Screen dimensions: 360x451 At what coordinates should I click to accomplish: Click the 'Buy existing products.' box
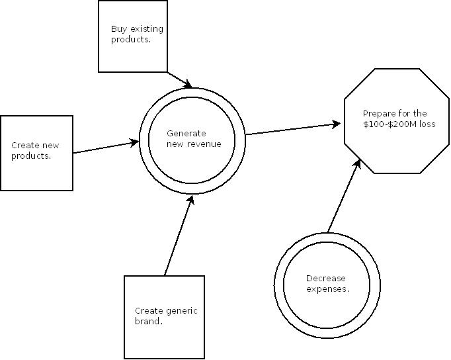[x=133, y=36]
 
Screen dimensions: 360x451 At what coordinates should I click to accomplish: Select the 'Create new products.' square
[x=36, y=153]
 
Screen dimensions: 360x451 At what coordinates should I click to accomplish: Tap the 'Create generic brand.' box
[x=164, y=317]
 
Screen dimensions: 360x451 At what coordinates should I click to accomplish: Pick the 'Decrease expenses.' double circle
[x=327, y=284]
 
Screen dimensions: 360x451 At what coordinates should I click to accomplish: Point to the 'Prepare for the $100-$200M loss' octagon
[x=396, y=119]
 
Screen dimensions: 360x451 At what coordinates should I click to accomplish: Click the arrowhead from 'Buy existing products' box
[x=188, y=85]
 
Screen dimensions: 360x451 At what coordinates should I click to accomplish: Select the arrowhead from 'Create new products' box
[x=135, y=142]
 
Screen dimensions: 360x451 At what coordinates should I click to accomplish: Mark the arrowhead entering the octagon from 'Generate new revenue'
[x=337, y=124]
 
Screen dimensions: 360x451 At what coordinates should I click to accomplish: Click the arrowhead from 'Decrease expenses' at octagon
[x=358, y=162]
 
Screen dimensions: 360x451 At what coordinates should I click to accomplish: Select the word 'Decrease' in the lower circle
[x=326, y=279]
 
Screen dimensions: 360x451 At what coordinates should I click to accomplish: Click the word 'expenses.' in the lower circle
[x=328, y=289]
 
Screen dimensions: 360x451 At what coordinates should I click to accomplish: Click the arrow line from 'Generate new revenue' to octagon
[x=291, y=129]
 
